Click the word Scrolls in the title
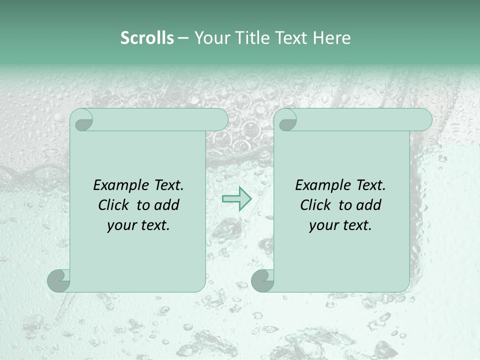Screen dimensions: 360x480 147,38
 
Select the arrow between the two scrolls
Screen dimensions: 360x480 237,198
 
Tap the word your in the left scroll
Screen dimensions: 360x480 122,226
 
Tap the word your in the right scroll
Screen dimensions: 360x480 324,226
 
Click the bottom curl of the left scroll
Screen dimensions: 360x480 59,280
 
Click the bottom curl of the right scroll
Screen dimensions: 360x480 262,280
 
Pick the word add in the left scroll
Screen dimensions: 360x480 167,205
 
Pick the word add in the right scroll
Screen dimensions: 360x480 369,205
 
